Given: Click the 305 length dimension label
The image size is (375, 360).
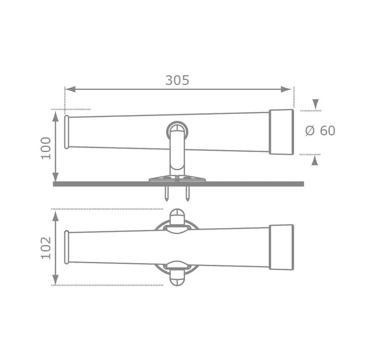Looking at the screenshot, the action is (x=177, y=80).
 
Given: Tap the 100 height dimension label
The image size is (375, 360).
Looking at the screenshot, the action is (x=46, y=148).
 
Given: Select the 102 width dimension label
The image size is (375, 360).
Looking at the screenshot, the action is (x=46, y=248).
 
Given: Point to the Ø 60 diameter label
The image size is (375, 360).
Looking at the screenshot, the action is (x=320, y=130).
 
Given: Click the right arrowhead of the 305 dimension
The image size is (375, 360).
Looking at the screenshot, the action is (x=286, y=89).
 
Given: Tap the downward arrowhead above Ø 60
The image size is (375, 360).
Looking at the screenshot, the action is (x=315, y=104).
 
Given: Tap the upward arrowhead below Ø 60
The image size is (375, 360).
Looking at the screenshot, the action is (x=315, y=160).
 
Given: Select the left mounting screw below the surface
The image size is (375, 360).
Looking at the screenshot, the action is (x=167, y=193).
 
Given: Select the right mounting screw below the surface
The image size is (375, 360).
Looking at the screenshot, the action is (x=187, y=193).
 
